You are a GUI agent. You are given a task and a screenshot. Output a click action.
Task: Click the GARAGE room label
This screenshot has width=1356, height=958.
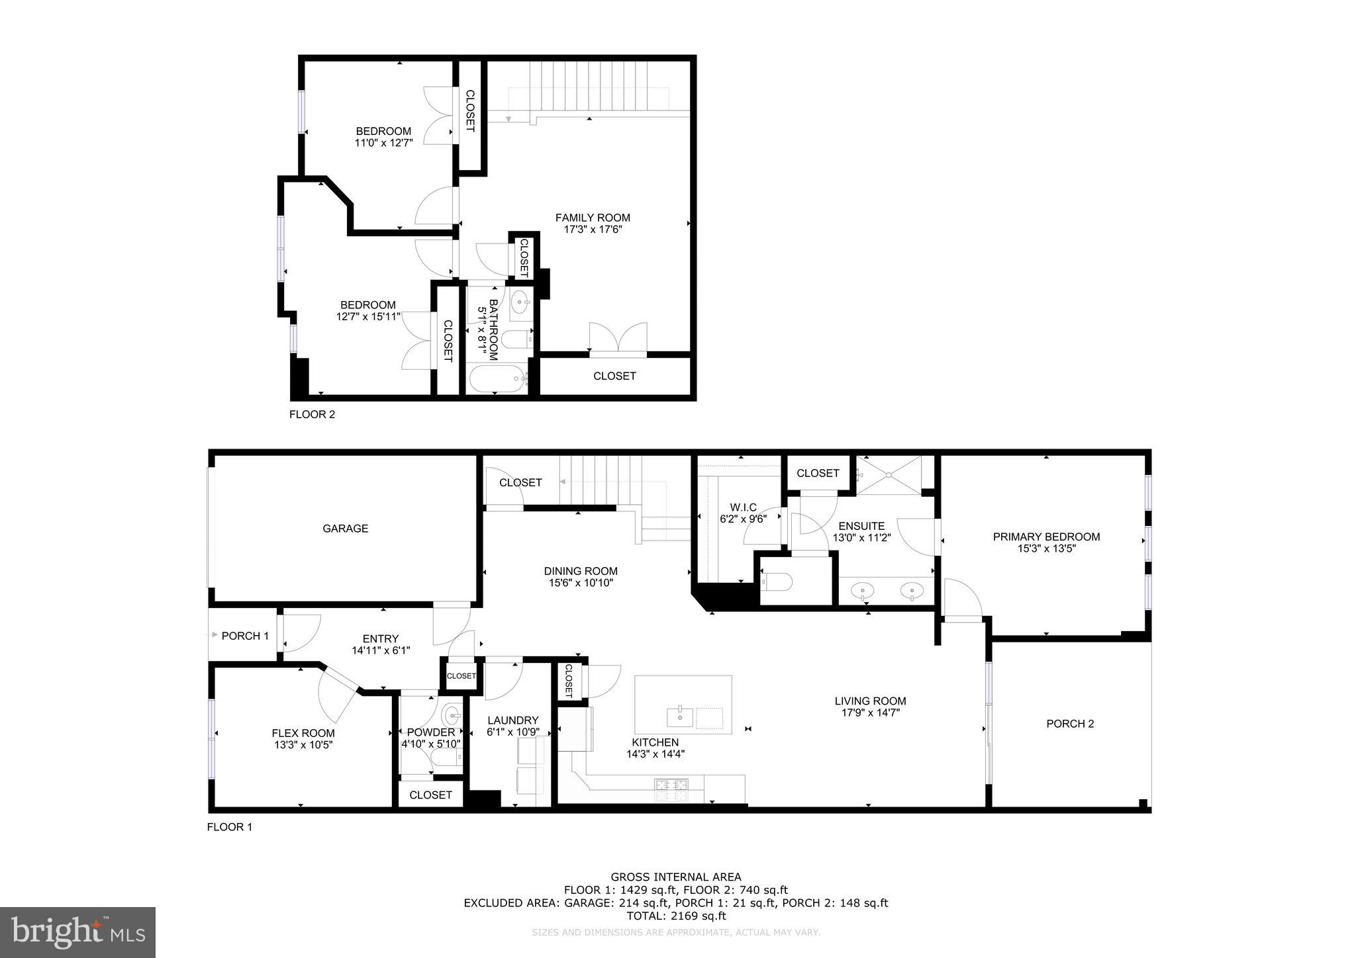pyautogui.click(x=345, y=529)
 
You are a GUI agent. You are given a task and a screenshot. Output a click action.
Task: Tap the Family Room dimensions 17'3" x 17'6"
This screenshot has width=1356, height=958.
pyautogui.click(x=593, y=230)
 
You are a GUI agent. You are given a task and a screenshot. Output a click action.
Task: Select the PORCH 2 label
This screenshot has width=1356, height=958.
pyautogui.click(x=1069, y=724)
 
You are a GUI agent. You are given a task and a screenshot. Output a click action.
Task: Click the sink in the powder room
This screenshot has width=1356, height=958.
pyautogui.click(x=452, y=715)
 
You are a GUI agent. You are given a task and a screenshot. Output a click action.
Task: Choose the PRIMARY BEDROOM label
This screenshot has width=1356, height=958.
pyautogui.click(x=1046, y=537)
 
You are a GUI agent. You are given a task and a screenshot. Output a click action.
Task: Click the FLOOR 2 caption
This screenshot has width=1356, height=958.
pyautogui.click(x=312, y=415)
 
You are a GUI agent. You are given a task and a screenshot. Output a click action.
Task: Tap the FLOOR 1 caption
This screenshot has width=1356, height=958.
pyautogui.click(x=229, y=827)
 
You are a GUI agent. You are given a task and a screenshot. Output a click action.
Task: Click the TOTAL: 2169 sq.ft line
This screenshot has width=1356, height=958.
pyautogui.click(x=676, y=916)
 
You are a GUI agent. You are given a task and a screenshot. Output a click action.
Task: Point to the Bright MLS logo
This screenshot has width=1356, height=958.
pyautogui.click(x=77, y=933)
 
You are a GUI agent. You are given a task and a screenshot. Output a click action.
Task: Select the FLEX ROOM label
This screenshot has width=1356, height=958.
pyautogui.click(x=303, y=733)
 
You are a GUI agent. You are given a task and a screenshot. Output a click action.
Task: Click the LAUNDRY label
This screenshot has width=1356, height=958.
pyautogui.click(x=512, y=720)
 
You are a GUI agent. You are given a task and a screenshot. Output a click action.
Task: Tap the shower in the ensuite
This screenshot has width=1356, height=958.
pyautogui.click(x=888, y=475)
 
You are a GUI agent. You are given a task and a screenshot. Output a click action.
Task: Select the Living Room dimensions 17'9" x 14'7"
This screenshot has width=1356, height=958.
pyautogui.click(x=870, y=713)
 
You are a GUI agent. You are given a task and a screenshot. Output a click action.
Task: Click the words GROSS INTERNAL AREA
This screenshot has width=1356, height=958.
pyautogui.click(x=676, y=877)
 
